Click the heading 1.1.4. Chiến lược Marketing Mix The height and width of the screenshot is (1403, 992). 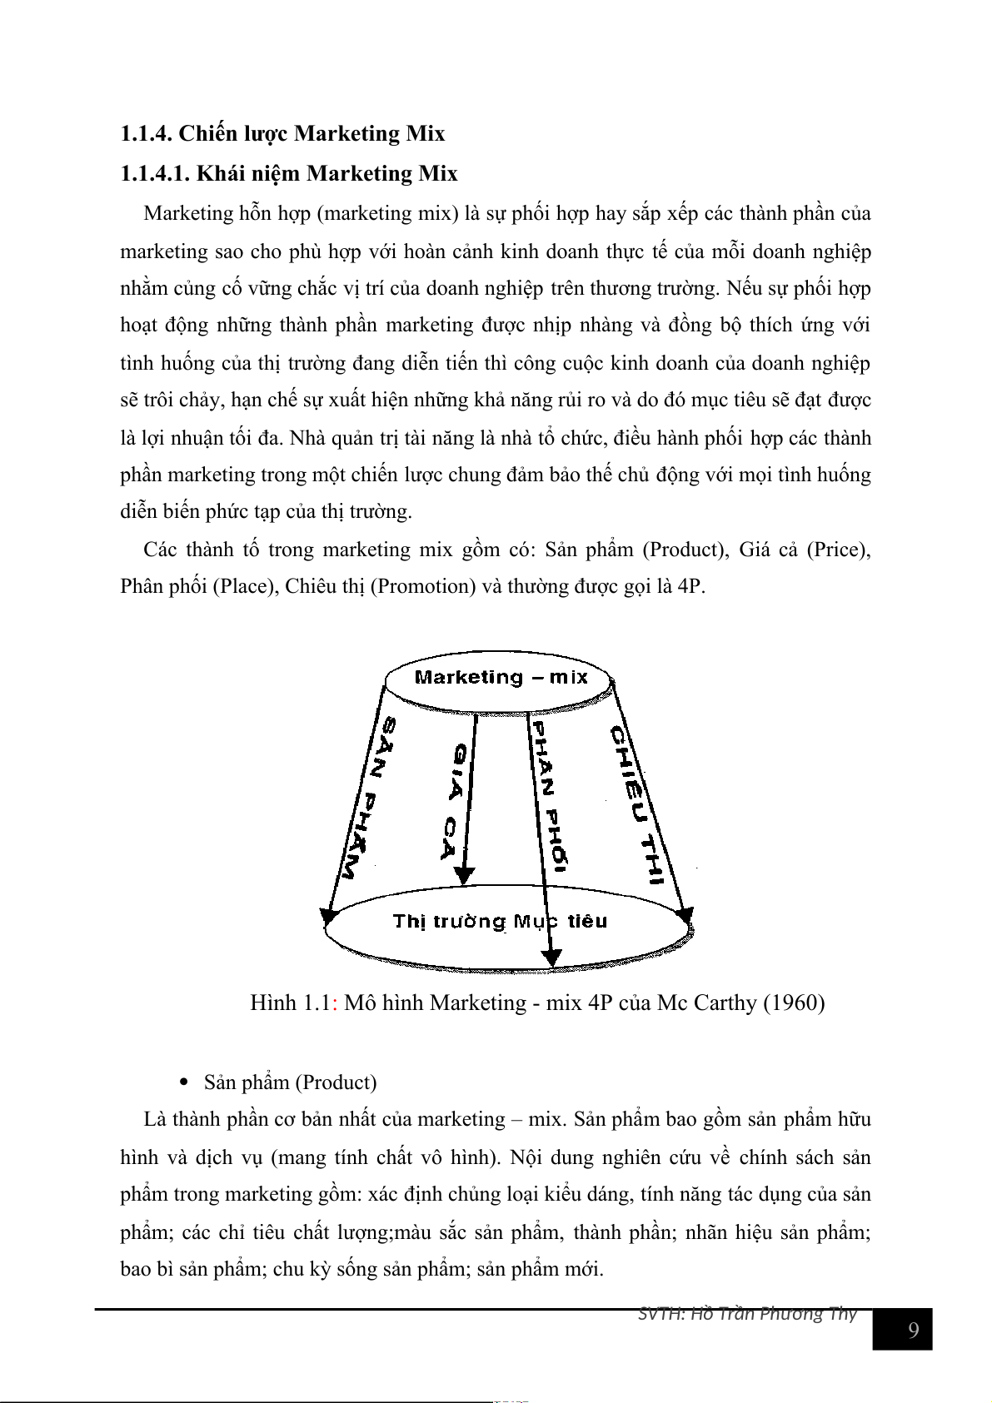[x=282, y=133]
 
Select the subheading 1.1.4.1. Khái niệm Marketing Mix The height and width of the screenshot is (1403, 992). [x=289, y=173]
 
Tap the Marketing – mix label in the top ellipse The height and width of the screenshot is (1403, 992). [x=501, y=678]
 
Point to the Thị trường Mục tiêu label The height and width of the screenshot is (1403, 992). [x=500, y=922]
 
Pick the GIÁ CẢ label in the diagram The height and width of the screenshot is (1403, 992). [x=455, y=801]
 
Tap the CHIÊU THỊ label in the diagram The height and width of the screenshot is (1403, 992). [x=637, y=804]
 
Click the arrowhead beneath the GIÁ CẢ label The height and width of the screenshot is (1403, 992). [x=464, y=876]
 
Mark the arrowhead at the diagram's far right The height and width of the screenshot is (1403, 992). [x=684, y=915]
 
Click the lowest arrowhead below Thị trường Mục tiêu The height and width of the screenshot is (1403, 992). [x=551, y=958]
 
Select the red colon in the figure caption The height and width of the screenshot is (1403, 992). [x=335, y=1002]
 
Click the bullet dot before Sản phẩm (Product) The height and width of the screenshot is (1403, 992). [x=185, y=1082]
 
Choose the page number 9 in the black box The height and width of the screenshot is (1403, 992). [x=913, y=1330]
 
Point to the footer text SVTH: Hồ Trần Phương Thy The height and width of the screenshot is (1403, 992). [x=747, y=1314]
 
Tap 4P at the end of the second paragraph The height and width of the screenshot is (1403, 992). [x=690, y=586]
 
